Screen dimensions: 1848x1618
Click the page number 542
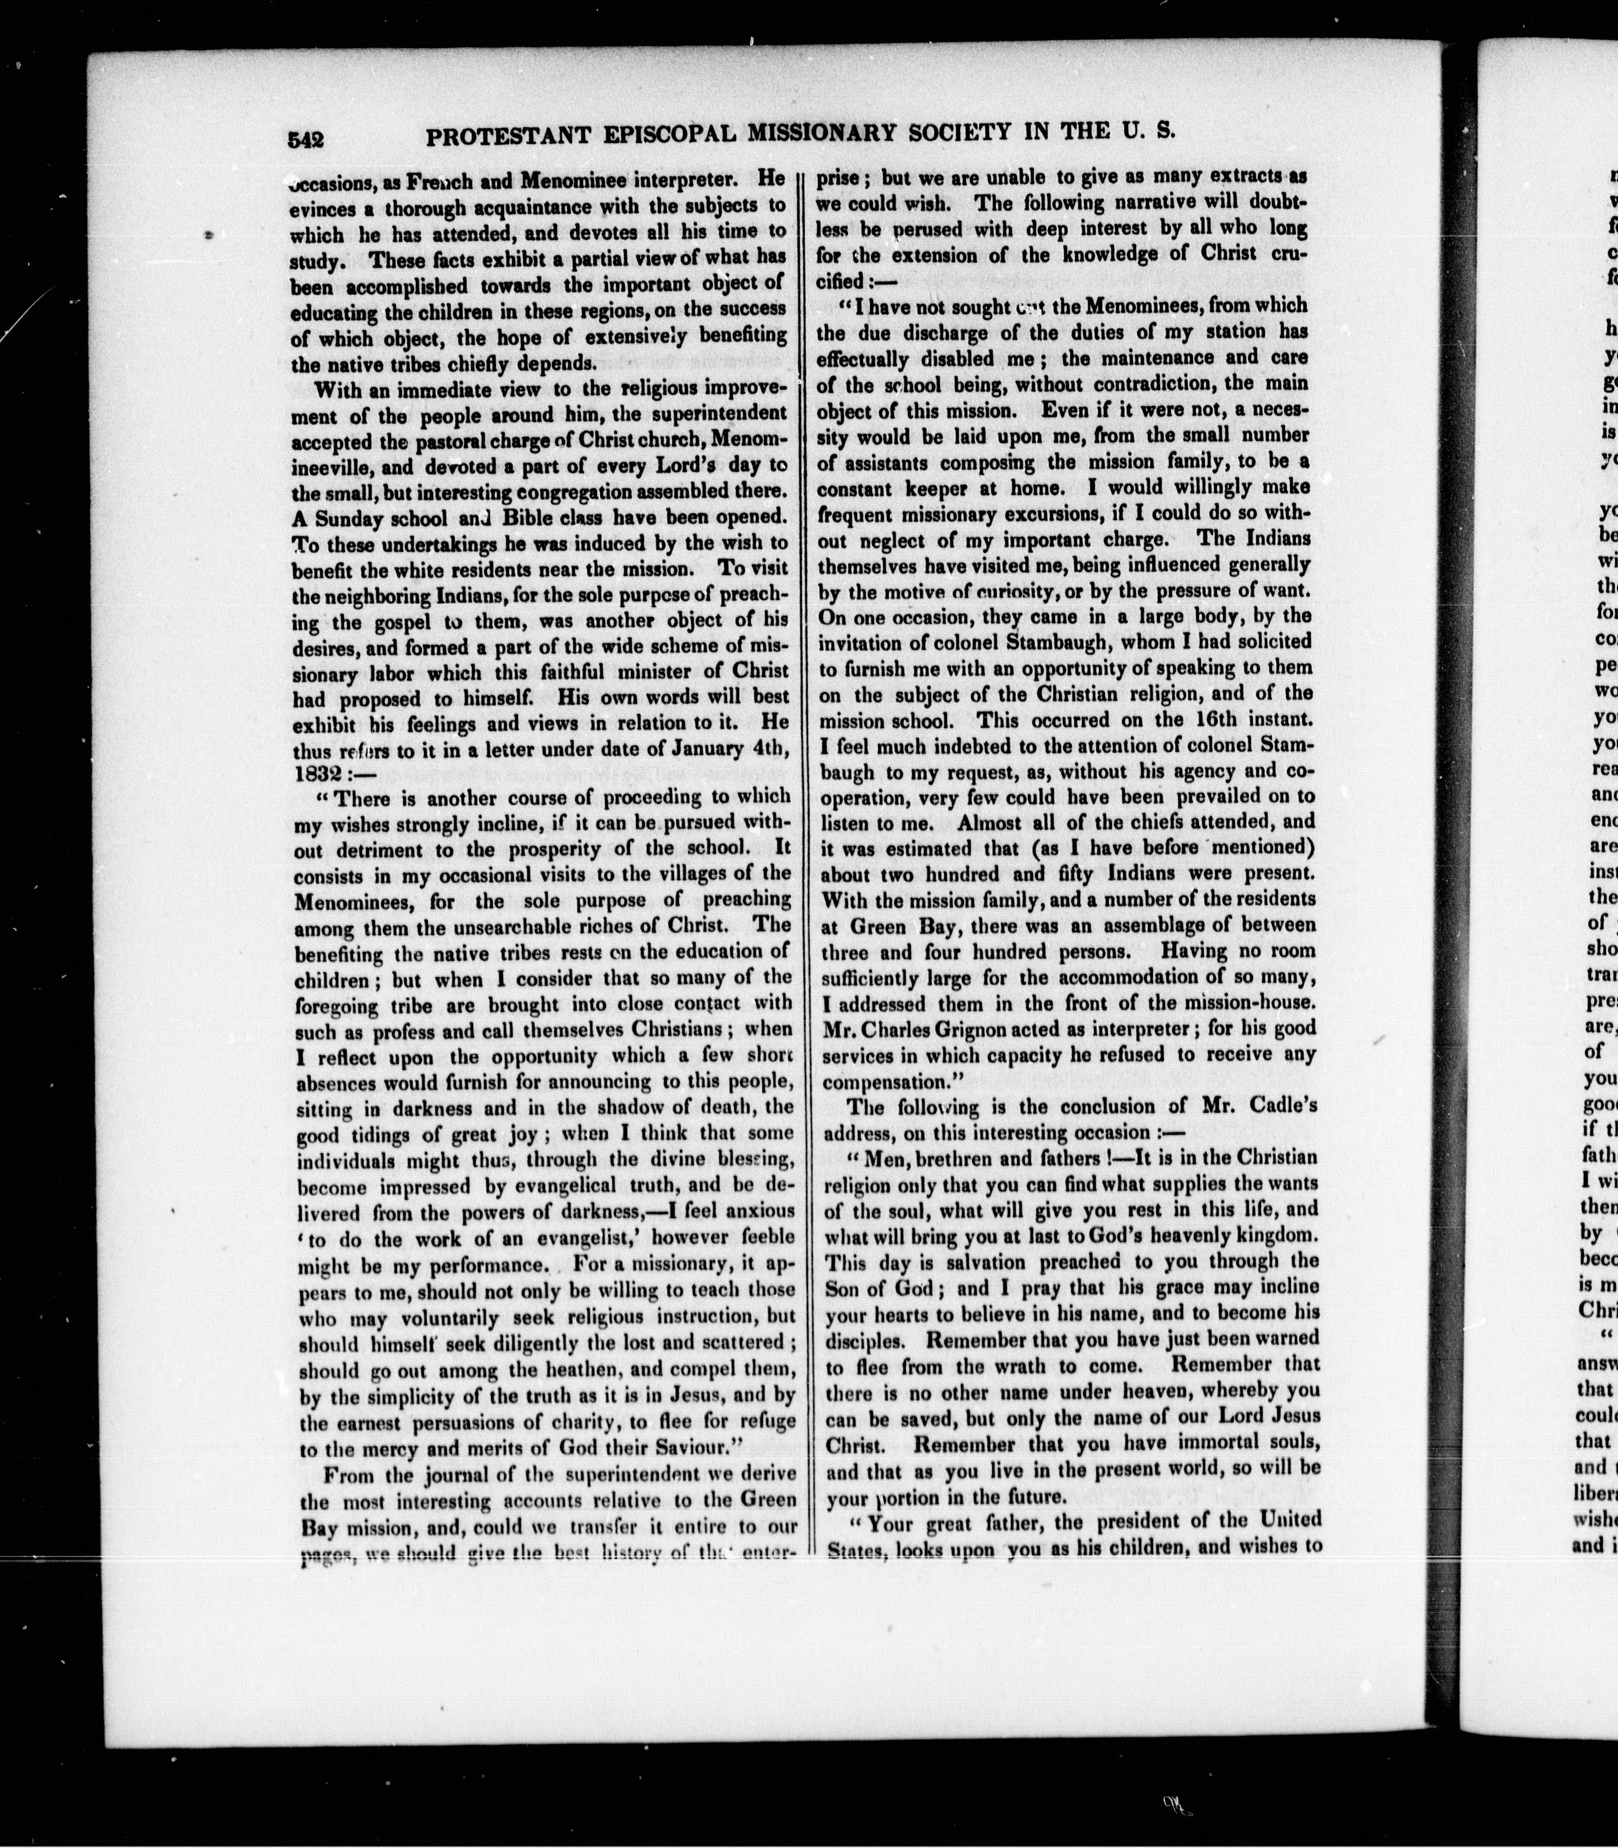pyautogui.click(x=307, y=139)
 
